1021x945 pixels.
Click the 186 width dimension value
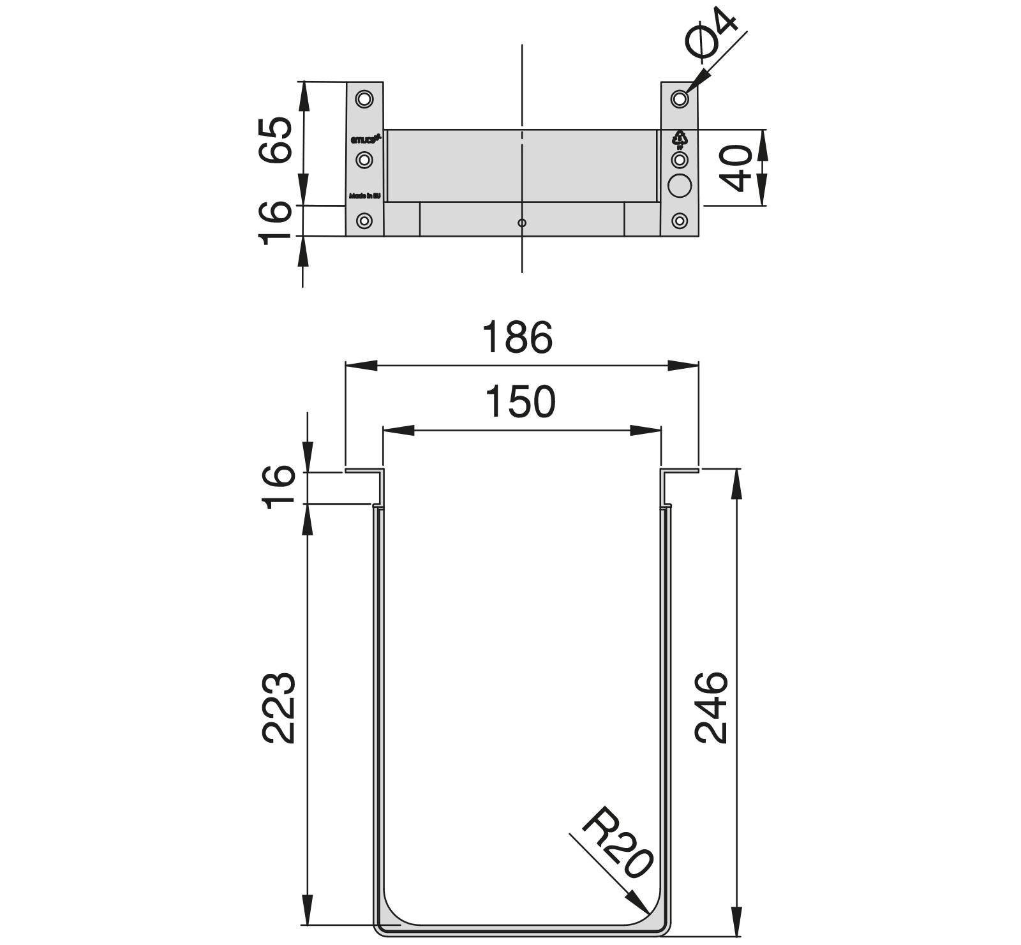516,338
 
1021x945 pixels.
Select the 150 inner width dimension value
520,402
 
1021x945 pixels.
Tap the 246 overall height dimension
711,706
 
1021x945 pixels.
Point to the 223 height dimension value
279,708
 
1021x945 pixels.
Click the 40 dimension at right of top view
738,168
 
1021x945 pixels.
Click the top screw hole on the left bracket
364,99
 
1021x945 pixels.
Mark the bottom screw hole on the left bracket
364,221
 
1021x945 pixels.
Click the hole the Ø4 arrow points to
680,99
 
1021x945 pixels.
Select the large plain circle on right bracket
680,186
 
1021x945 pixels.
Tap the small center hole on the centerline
522,223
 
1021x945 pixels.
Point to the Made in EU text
364,196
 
